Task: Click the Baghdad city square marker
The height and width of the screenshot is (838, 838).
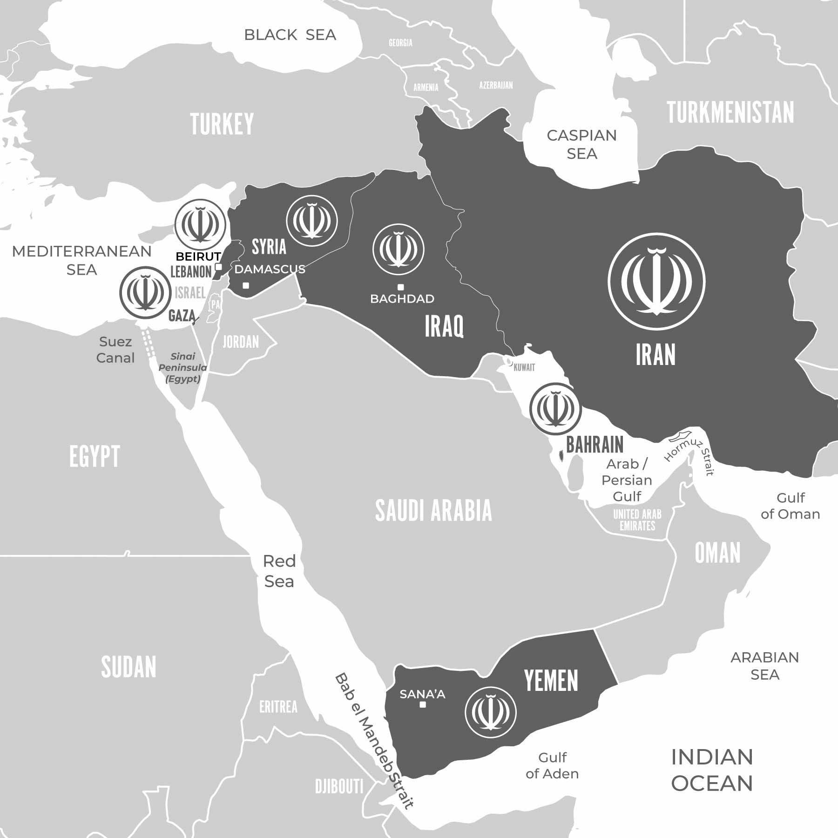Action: pyautogui.click(x=400, y=287)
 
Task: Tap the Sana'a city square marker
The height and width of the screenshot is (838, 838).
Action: pyautogui.click(x=423, y=705)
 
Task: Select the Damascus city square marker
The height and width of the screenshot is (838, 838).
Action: pyautogui.click(x=246, y=285)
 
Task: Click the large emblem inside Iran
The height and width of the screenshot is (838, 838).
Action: pyautogui.click(x=656, y=281)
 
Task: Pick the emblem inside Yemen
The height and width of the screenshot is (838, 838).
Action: pyautogui.click(x=491, y=712)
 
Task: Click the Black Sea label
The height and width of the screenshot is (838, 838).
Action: pyautogui.click(x=290, y=35)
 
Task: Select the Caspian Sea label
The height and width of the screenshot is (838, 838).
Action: pyautogui.click(x=581, y=144)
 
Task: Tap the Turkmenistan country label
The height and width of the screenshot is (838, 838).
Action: pyautogui.click(x=730, y=113)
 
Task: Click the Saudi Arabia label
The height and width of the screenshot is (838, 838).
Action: pyautogui.click(x=433, y=511)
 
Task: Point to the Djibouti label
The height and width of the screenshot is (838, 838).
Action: pyautogui.click(x=339, y=787)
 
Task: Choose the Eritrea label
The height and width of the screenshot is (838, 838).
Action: pyautogui.click(x=278, y=707)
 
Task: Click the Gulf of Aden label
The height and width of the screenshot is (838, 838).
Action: pyautogui.click(x=552, y=765)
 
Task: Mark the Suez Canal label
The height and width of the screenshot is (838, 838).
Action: pyautogui.click(x=115, y=350)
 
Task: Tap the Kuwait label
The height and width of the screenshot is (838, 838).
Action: pyautogui.click(x=524, y=368)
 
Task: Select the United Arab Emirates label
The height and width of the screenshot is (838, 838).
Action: pyautogui.click(x=637, y=520)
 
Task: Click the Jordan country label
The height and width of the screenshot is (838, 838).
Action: pyautogui.click(x=241, y=342)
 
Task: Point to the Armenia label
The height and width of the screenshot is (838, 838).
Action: pyautogui.click(x=426, y=88)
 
